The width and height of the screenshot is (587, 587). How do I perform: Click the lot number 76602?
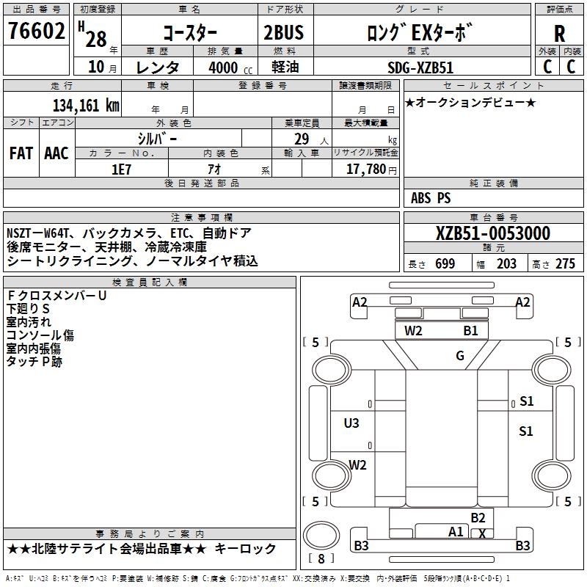tap(37, 32)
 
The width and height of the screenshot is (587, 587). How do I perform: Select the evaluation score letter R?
tap(559, 34)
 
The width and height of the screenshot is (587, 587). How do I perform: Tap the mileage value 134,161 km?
tap(87, 105)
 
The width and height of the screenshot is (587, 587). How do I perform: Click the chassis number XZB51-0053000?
tap(492, 233)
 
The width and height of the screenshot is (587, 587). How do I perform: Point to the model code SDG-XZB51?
tap(420, 67)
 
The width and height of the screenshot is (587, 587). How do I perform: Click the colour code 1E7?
tap(120, 169)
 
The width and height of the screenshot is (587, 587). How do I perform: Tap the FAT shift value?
tap(21, 153)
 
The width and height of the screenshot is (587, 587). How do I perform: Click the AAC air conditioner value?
tap(56, 153)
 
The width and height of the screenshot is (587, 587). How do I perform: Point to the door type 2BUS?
tap(283, 34)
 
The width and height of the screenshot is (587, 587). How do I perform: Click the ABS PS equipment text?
tap(431, 198)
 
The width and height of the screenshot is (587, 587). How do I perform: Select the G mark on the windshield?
tap(460, 356)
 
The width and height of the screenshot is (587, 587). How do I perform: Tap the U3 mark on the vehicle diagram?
tap(351, 423)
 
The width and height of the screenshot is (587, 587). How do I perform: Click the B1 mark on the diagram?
tap(470, 331)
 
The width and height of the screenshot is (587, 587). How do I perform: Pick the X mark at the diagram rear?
tap(481, 533)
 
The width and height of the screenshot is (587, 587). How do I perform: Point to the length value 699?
tap(445, 264)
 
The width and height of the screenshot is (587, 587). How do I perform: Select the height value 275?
tap(564, 264)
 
